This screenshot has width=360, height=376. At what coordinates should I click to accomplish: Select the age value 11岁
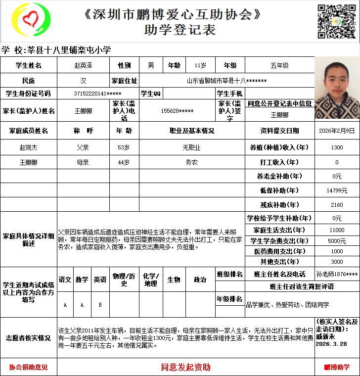[x=201, y=65]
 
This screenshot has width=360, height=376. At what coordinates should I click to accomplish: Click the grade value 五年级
[x=279, y=65]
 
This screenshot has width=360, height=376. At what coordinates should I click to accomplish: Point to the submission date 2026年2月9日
[x=337, y=131]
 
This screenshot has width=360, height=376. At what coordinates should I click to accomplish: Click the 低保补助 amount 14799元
[x=337, y=190]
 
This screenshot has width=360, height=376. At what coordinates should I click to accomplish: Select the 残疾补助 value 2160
[x=337, y=205]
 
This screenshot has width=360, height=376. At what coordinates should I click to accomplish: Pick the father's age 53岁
[x=124, y=147]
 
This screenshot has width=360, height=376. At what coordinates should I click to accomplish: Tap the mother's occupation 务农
[x=192, y=162]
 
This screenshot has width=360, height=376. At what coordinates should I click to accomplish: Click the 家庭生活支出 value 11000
[x=337, y=230]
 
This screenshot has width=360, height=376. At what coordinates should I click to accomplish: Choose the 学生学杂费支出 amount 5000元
[x=337, y=241]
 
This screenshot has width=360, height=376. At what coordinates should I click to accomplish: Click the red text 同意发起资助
[x=186, y=367]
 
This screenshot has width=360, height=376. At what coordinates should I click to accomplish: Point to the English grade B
[x=100, y=305]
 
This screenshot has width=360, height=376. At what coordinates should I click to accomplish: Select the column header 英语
[x=100, y=280]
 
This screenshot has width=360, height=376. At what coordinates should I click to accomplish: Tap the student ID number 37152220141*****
[x=97, y=94]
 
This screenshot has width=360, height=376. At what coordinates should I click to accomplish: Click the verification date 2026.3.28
[x=331, y=344]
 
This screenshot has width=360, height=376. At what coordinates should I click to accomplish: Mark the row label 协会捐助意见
[x=28, y=367]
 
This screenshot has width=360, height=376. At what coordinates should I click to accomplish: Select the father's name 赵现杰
[x=28, y=147]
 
